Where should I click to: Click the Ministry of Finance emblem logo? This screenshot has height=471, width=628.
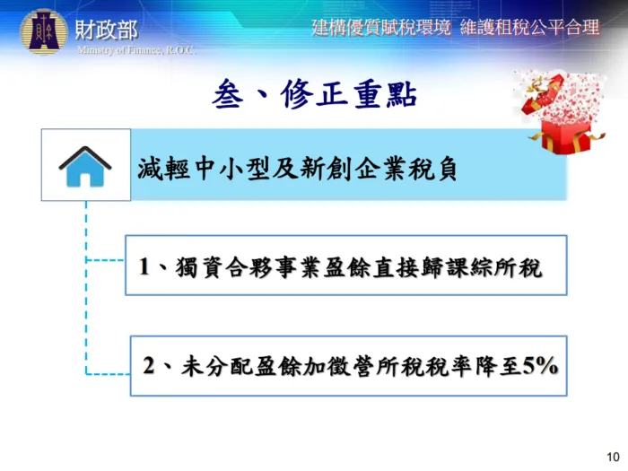click(43, 32)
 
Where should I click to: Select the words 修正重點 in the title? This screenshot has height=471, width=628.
click(350, 93)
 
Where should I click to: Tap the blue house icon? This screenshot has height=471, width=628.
click(85, 166)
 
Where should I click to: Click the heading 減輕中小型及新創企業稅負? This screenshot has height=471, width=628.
click(298, 168)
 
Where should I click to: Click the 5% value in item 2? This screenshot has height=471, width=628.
click(541, 366)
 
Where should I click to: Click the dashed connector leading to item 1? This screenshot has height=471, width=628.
click(105, 261)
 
